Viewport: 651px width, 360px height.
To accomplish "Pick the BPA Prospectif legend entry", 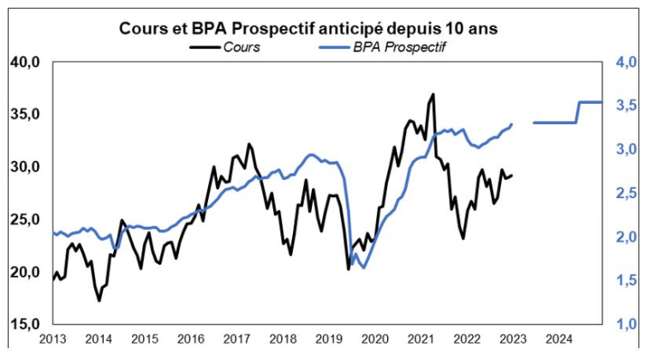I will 397,47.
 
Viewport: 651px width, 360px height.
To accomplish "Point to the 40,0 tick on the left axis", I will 24,62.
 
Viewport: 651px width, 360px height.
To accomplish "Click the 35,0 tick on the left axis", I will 24,114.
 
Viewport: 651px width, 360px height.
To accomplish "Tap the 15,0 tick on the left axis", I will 24,324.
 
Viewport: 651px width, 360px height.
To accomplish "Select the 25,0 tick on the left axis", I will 24,219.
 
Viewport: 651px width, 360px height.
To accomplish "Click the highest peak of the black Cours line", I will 433,94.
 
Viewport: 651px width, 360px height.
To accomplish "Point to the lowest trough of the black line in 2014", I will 99,300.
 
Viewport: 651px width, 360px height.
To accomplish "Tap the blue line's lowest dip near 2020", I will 363,267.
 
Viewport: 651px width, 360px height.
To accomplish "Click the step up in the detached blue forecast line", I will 577,112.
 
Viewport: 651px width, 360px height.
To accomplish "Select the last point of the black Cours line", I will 512,176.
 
